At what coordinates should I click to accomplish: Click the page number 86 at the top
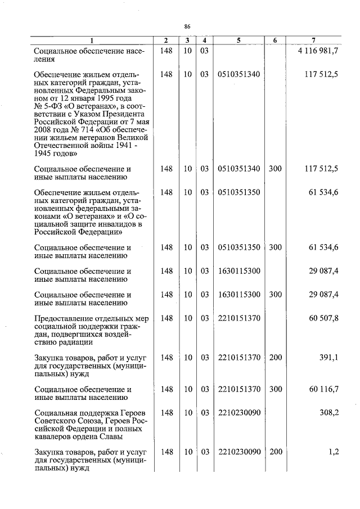[187, 26]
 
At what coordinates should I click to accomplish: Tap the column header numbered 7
[313, 40]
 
